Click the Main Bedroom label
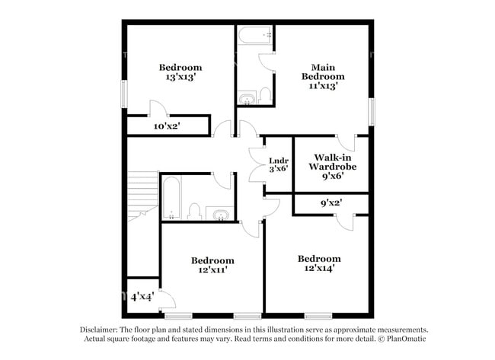[323, 72]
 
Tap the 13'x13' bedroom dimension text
[181, 77]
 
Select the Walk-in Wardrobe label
[333, 162]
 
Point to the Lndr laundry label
[279, 161]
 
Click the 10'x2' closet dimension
[167, 126]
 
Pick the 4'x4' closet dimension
[142, 297]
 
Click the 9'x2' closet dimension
[331, 202]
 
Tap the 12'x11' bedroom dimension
[212, 269]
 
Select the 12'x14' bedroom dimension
[319, 268]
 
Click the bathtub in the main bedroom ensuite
[255, 35]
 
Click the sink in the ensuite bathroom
[247, 98]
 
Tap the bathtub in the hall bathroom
[171, 198]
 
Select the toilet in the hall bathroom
[194, 212]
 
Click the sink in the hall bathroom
[220, 214]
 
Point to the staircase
[143, 196]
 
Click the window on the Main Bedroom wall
[372, 112]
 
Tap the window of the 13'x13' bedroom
[125, 94]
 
